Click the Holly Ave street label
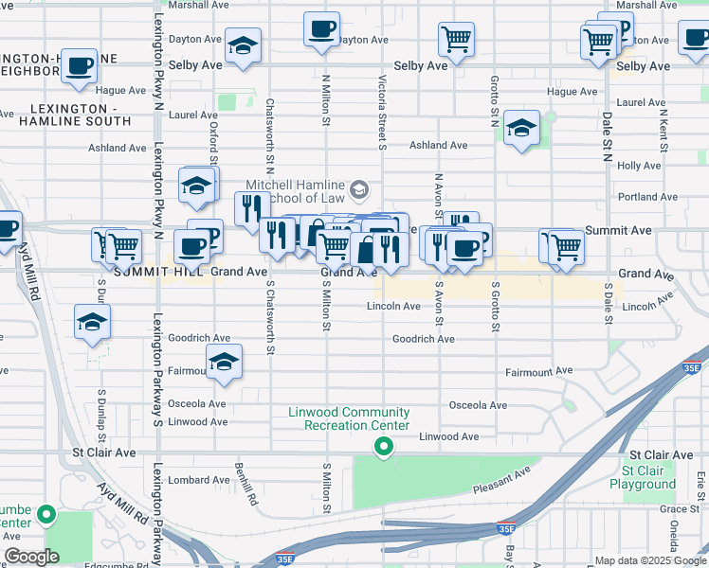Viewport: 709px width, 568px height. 639,166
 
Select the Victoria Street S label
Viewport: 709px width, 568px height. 382,113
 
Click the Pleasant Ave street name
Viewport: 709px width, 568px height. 502,482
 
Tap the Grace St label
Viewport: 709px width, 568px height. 653,509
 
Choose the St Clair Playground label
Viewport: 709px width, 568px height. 649,477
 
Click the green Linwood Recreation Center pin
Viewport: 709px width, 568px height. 383,447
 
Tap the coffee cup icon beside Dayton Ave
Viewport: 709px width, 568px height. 321,28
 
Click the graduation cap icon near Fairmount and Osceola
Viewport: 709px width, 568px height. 224,362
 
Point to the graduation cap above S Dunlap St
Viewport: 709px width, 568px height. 92,322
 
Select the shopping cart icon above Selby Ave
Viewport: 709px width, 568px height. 456,40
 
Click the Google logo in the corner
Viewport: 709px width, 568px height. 31,557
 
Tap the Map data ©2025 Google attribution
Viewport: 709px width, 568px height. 649,560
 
